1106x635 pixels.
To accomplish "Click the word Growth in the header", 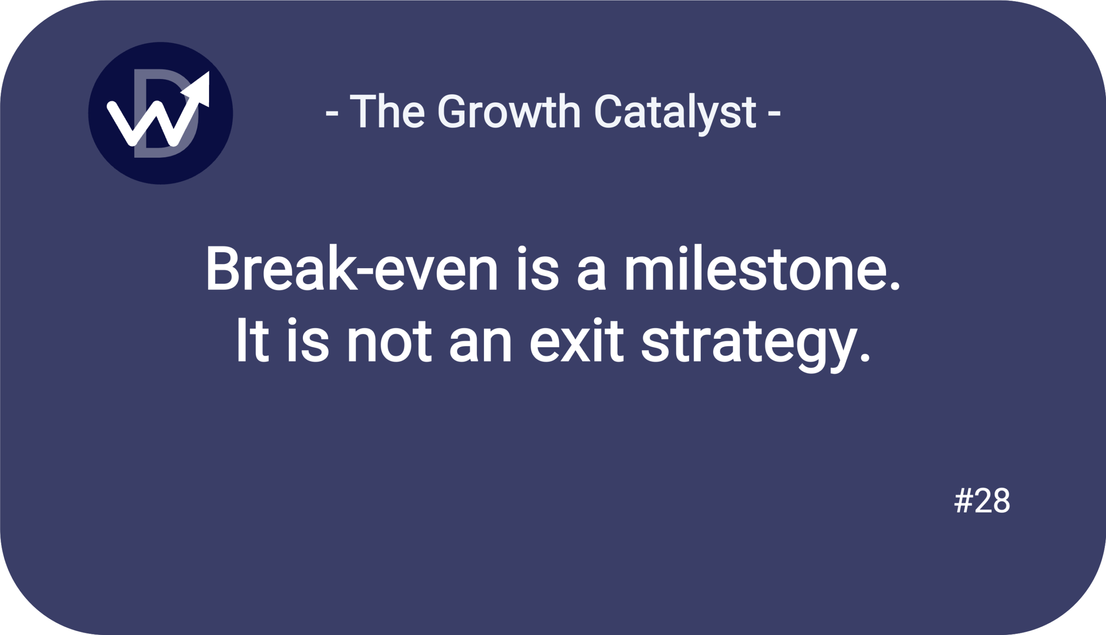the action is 509,111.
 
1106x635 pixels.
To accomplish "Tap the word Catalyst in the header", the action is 675,114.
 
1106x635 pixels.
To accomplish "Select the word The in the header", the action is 387,111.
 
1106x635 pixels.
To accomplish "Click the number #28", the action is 982,500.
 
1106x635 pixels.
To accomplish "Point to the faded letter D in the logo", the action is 166,113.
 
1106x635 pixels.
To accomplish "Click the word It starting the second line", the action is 252,339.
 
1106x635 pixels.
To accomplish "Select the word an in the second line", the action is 480,345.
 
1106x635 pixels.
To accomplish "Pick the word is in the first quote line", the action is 538,267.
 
